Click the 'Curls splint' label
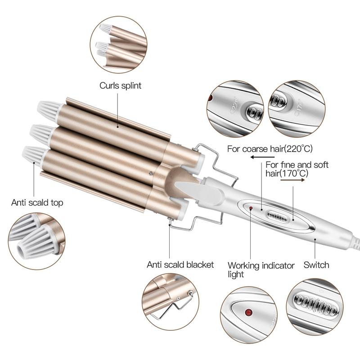(120, 85)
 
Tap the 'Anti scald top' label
(37, 202)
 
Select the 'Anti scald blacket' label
(180, 264)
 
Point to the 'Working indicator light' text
(261, 270)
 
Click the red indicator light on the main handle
(251, 208)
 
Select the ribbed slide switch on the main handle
(278, 215)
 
